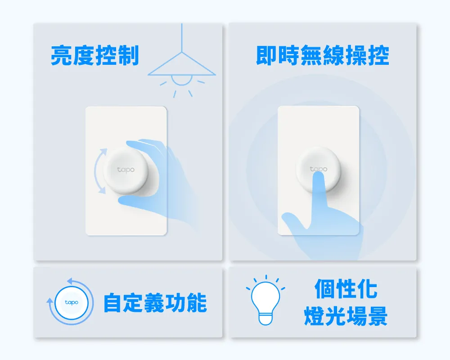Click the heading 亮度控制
tap(94, 55)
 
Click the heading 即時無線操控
tap(323, 55)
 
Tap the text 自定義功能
tap(155, 302)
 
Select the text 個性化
tap(346, 288)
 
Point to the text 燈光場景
tap(346, 316)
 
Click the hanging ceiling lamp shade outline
tap(182, 64)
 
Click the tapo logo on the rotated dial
tap(126, 170)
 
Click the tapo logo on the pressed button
tap(318, 169)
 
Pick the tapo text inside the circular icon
tap(72, 302)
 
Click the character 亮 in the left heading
tap(61, 55)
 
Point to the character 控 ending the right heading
tap(379, 55)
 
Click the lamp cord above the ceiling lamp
tap(182, 38)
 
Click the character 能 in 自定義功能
tap(197, 302)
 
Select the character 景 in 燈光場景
tap(378, 316)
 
